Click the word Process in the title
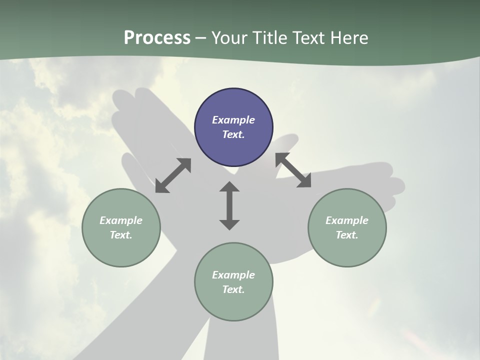[x=157, y=38]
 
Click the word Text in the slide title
[x=309, y=38]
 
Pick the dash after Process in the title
[x=201, y=38]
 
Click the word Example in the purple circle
[x=233, y=120]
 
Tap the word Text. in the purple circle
[x=233, y=134]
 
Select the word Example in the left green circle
[x=121, y=220]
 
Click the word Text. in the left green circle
[x=121, y=235]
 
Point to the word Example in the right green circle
[x=347, y=220]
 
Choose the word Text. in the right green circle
[x=347, y=235]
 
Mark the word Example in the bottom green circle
[x=233, y=275]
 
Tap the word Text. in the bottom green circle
[x=233, y=289]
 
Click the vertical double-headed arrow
[x=229, y=205]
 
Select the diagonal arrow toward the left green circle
[x=173, y=175]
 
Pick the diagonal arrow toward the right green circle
[x=293, y=170]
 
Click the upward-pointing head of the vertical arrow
[x=229, y=187]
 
